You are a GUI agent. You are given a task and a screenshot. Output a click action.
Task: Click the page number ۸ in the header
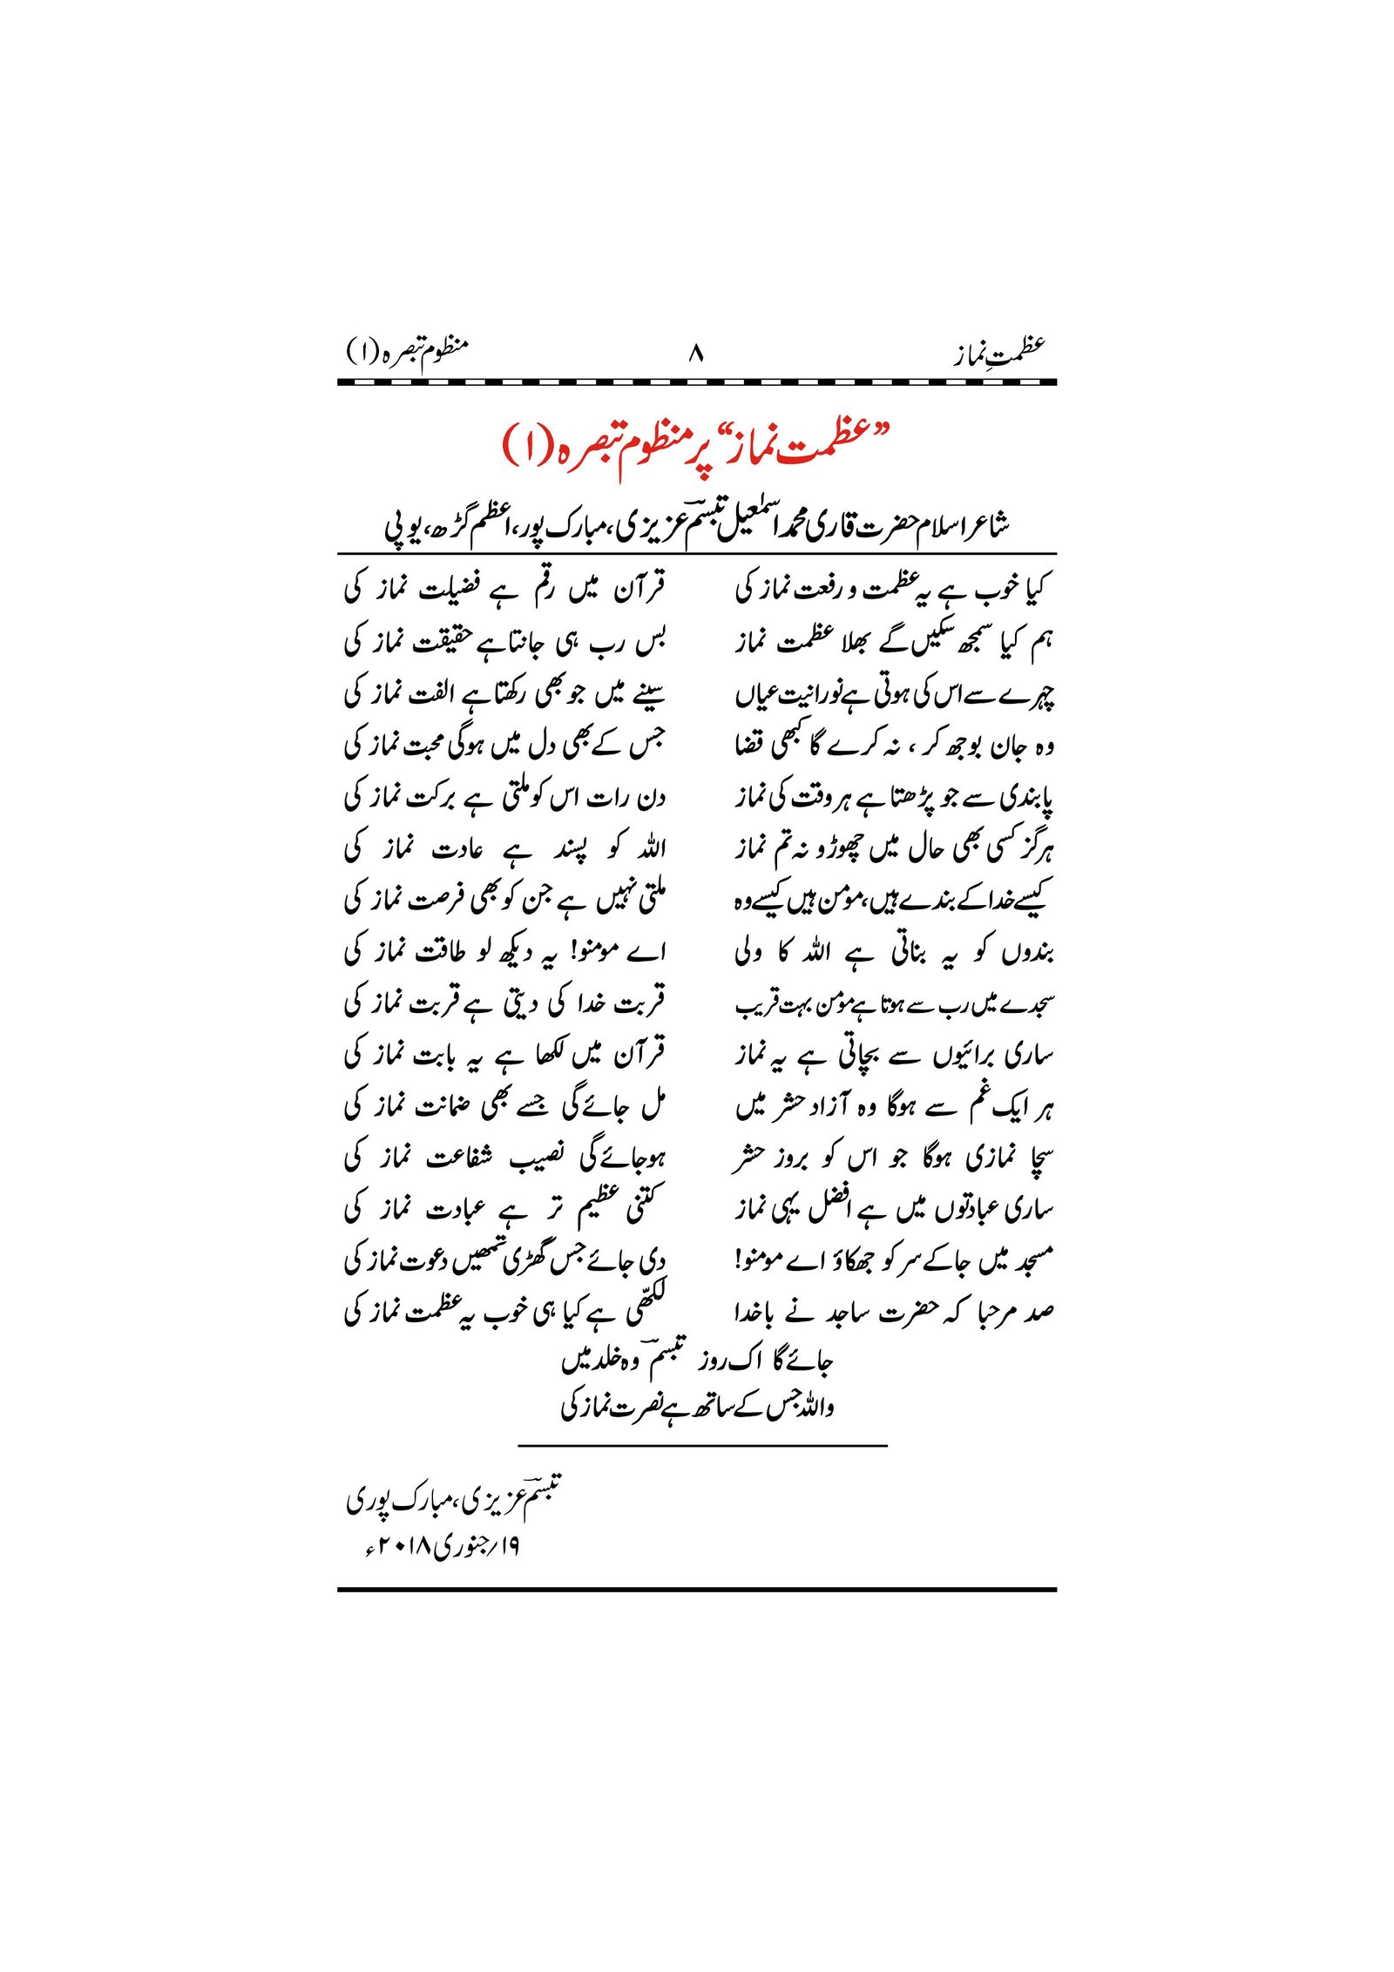coord(695,354)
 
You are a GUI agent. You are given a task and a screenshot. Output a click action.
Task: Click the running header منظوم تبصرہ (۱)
coord(407,350)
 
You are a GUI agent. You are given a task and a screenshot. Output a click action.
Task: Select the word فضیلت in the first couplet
coord(449,590)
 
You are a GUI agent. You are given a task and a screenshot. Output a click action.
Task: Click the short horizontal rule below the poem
coord(701,1447)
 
